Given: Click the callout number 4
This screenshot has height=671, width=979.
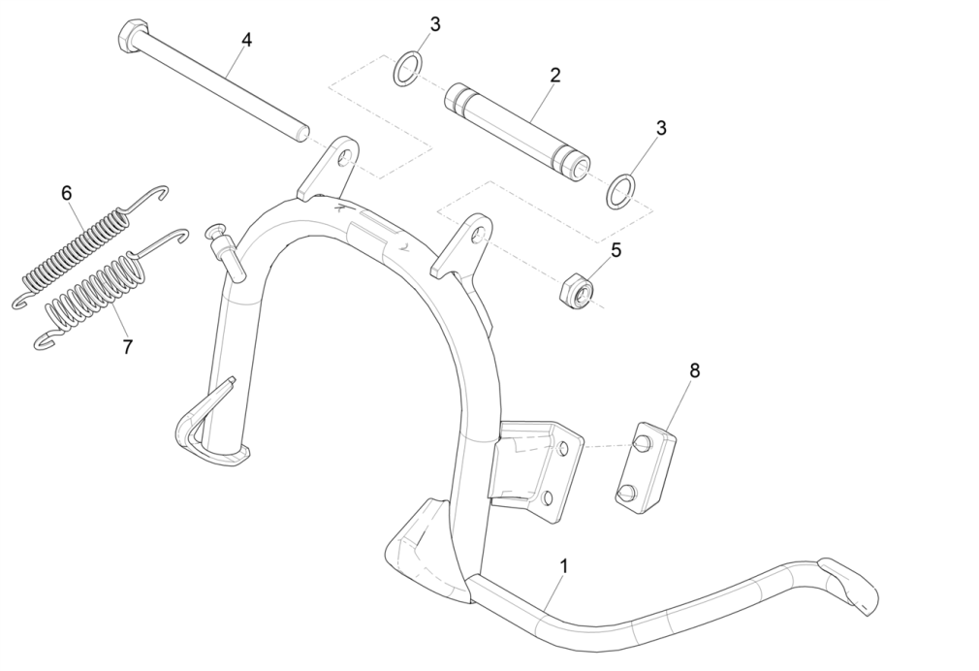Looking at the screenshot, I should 246,40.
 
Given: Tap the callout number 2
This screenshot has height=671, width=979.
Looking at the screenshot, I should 554,74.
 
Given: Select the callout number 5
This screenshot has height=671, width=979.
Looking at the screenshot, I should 616,250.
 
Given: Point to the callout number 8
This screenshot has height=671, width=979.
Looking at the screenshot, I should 694,370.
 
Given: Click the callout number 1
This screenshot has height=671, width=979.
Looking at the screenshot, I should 564,565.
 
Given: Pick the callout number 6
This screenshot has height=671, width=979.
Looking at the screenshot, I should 66,193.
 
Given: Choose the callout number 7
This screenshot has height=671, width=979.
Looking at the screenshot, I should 127,346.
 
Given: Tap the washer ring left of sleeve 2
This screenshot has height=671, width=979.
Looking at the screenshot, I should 408,69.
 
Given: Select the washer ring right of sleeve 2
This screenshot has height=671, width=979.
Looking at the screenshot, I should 621,190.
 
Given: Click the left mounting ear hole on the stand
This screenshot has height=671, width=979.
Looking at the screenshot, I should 343,160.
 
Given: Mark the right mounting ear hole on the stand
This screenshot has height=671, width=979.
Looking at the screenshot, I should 476,234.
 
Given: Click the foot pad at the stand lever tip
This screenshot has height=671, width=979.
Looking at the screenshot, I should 849,585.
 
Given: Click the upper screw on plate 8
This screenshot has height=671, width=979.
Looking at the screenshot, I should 640,444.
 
